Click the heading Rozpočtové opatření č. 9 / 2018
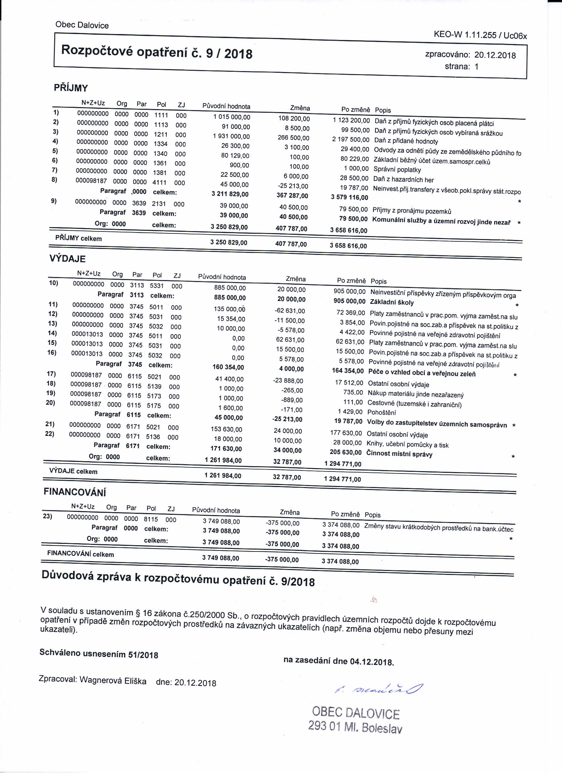coord(156,53)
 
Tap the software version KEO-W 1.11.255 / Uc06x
coord(480,35)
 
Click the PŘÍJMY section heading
coord(71,88)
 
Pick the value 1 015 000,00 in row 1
coord(232,117)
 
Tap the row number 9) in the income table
coord(54,201)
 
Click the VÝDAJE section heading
coord(67,259)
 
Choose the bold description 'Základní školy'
coord(392,302)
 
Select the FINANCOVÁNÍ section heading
coord(75,492)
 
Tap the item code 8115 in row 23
coord(151,519)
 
